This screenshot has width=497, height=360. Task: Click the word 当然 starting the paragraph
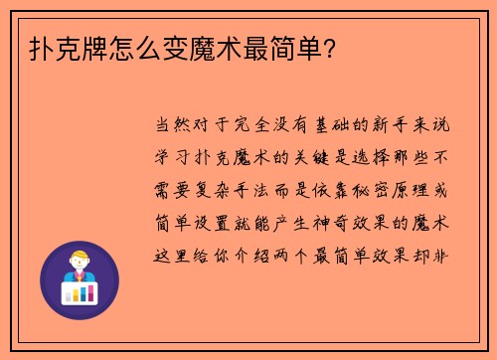point(175,126)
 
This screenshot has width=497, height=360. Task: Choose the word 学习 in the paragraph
point(175,157)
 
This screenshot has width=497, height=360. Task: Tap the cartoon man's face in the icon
point(79,264)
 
